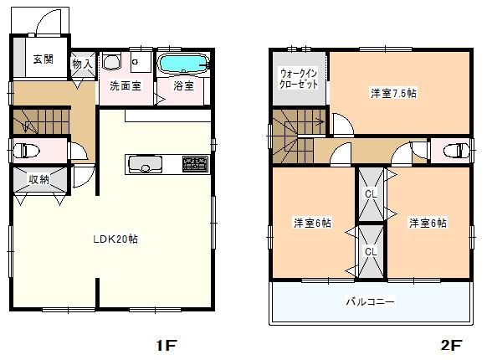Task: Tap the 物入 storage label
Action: pos(82,63)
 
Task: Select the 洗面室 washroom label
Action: pos(125,86)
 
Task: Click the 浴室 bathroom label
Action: pos(183,86)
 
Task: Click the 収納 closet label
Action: pos(39,179)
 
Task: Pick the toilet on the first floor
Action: pos(28,152)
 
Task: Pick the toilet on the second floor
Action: pos(455,152)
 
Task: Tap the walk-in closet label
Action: pos(299,80)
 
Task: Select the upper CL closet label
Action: pos(371,193)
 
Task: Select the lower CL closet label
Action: pos(371,250)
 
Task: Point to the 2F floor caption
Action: pos(451,344)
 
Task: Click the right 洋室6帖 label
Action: pos(427,223)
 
